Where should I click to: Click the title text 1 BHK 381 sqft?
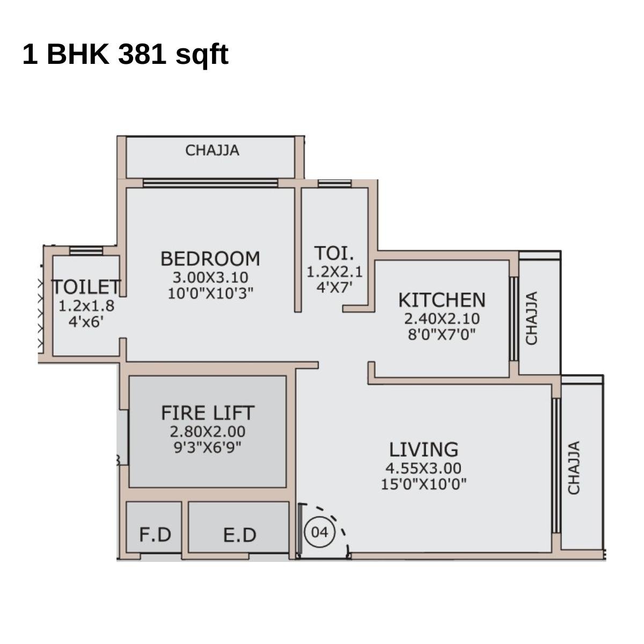point(126,54)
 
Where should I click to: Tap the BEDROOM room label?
point(210,259)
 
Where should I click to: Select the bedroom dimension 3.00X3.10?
point(210,277)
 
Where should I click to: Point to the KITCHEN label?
point(442,299)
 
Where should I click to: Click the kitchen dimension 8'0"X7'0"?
point(442,334)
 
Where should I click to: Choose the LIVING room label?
point(423,449)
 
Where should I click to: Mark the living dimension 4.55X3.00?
point(423,468)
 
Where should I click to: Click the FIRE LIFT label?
point(208,413)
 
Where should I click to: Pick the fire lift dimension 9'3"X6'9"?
point(208,447)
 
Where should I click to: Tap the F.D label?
point(155,535)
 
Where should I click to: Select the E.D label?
point(239,535)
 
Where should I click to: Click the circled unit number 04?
point(319,532)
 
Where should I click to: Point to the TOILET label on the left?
point(86,287)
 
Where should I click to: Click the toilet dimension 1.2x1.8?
point(86,306)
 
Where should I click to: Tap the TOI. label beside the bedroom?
point(334,253)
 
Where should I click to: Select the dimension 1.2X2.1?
point(334,272)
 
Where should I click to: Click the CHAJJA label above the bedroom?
point(212,151)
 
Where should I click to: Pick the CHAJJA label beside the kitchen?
point(531,318)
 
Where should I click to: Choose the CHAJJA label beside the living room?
point(574,468)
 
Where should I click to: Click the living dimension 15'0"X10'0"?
point(423,484)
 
